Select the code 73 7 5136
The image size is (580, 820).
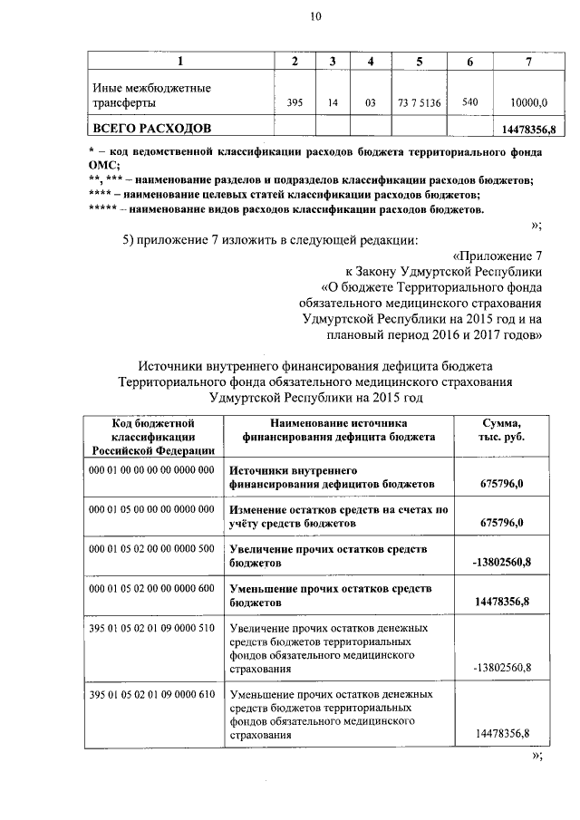point(419,103)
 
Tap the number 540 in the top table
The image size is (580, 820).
point(469,102)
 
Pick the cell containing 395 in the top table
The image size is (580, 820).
point(294,103)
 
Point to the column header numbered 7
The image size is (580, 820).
point(528,61)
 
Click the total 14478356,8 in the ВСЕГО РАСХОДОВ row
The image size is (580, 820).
point(527,130)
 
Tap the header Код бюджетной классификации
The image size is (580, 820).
point(153,436)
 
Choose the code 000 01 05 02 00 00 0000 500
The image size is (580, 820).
point(151,548)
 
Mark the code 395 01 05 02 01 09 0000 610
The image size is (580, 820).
point(151,694)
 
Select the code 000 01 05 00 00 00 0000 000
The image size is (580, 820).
point(151,509)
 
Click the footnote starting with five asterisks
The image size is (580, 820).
point(286,210)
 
